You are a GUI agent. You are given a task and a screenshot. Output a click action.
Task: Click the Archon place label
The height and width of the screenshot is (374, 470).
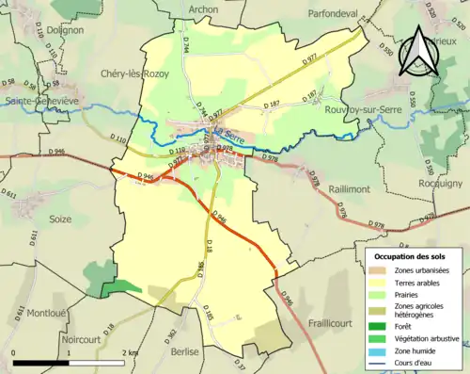(203, 9)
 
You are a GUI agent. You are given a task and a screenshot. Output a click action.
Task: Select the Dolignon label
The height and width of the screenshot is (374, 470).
(64, 30)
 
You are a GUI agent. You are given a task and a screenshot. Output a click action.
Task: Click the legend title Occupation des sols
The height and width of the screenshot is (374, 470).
(410, 255)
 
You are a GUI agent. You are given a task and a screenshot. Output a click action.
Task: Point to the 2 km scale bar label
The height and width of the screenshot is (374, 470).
(131, 352)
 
